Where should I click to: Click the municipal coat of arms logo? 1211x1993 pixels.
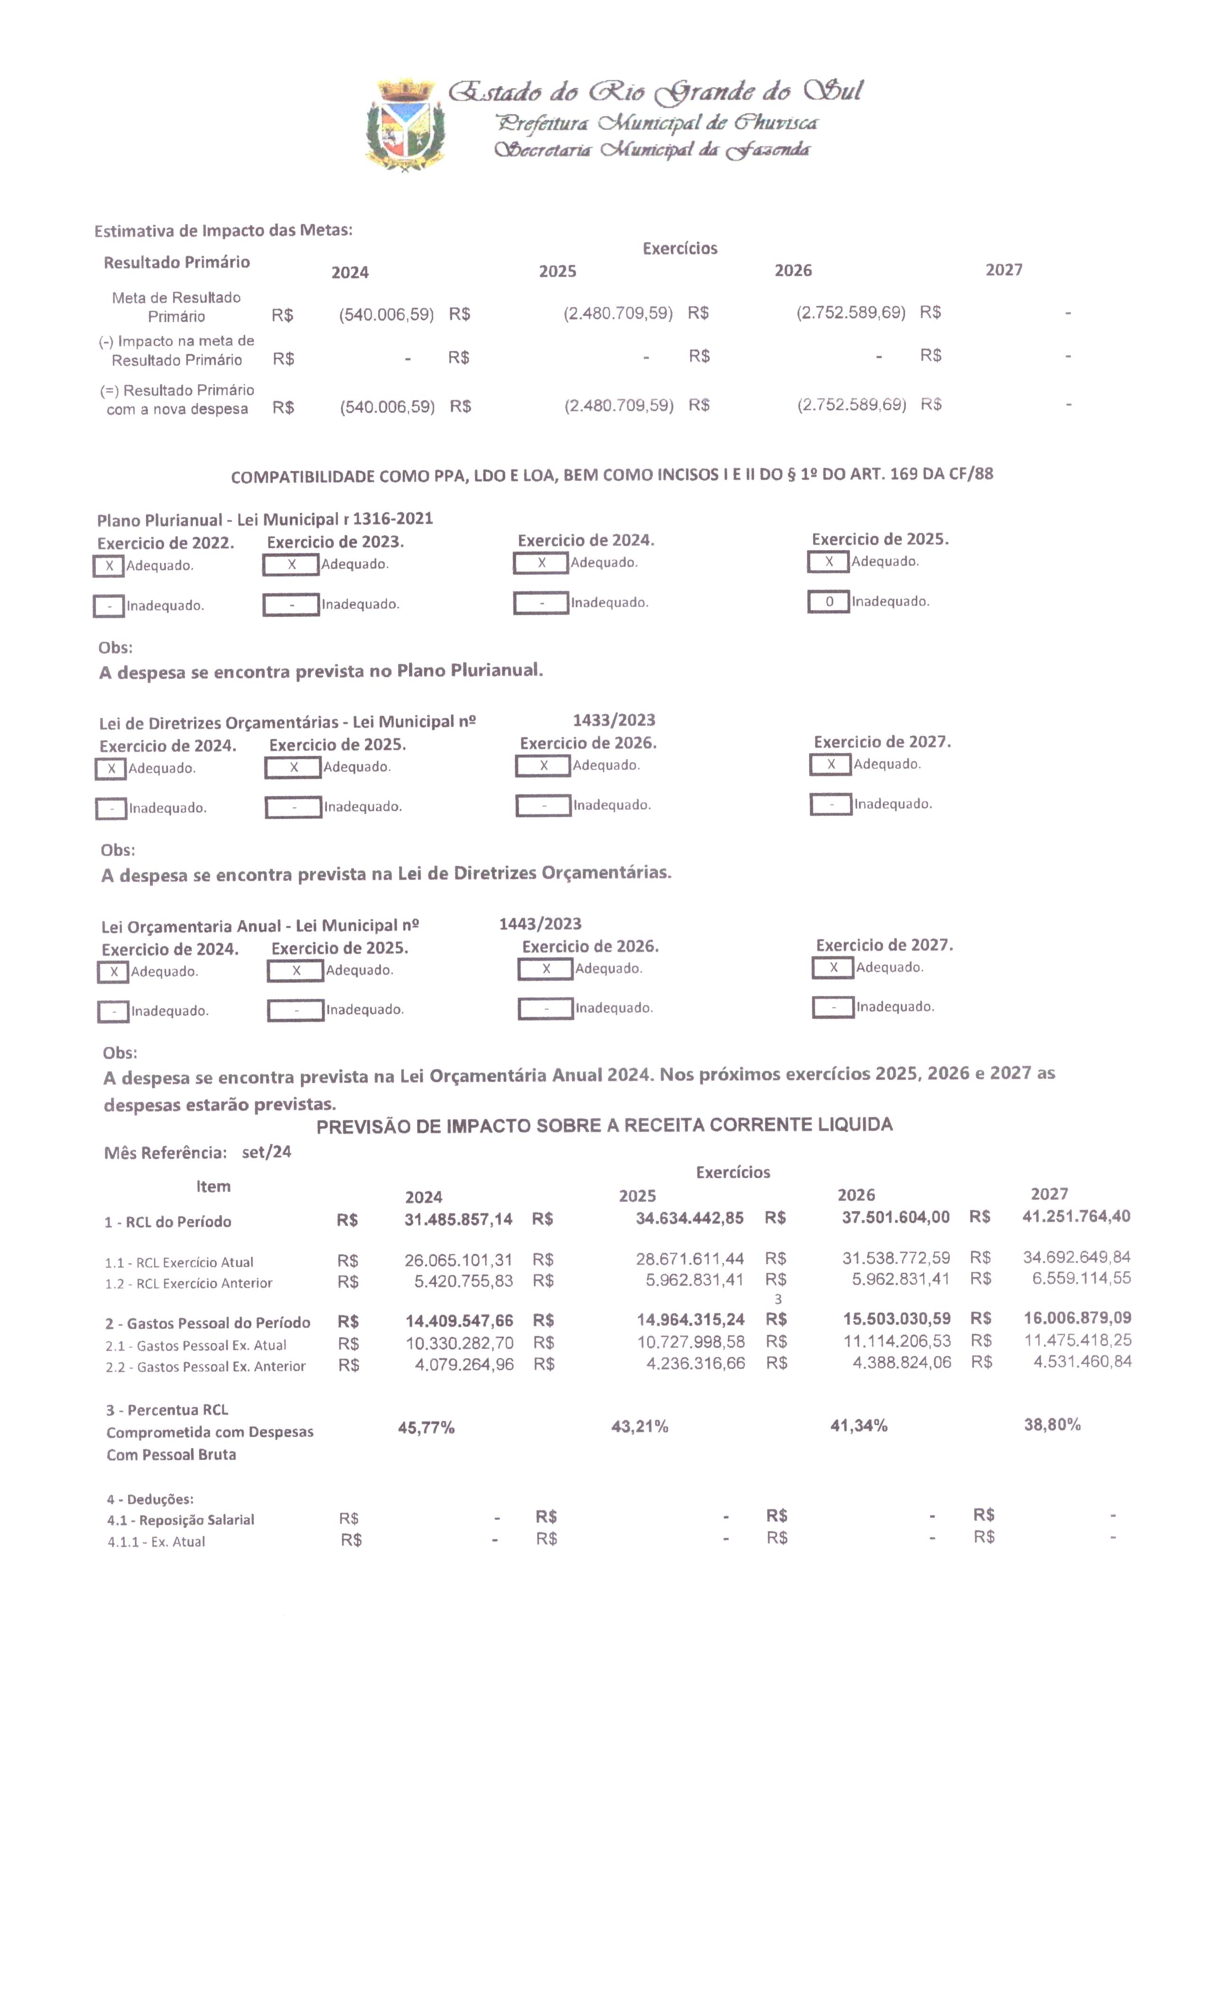404,125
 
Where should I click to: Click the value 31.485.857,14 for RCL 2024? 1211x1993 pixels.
458,1219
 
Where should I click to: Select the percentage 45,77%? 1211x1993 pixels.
426,1428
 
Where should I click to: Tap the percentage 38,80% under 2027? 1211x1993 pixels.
1052,1425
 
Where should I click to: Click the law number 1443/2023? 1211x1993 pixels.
540,924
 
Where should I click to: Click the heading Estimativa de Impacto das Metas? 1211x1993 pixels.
224,231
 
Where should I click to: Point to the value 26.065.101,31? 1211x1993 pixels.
458,1260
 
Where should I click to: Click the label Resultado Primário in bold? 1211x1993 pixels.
177,262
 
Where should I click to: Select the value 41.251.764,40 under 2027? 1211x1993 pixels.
1076,1217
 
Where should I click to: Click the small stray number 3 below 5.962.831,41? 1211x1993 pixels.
778,1299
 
